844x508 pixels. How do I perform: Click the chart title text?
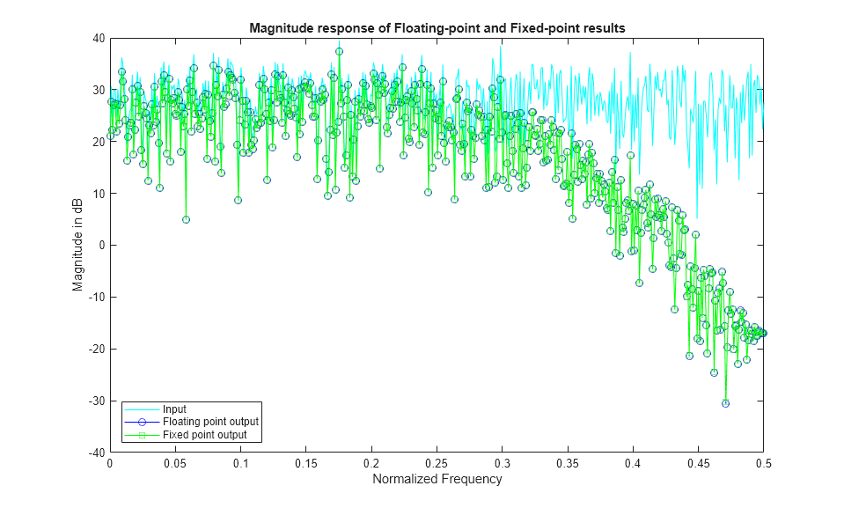coord(437,27)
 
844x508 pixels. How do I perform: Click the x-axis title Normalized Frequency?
coord(437,480)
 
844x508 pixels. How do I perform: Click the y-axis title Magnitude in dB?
coord(78,246)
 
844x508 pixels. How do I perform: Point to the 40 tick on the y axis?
coord(98,38)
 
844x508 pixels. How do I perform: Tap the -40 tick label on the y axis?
coord(95,453)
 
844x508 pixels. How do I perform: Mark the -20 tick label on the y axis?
coord(95,349)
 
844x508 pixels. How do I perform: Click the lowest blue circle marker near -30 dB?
coord(725,403)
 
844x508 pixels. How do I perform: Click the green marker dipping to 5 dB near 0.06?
coord(186,219)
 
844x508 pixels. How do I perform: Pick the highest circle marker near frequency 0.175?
coord(339,51)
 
